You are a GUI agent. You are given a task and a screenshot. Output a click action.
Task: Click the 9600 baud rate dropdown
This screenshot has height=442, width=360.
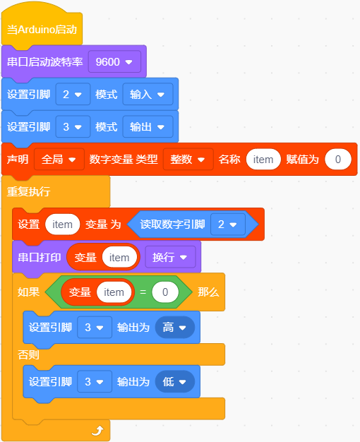click(114, 61)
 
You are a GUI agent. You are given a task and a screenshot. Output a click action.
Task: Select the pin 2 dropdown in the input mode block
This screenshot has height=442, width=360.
click(73, 95)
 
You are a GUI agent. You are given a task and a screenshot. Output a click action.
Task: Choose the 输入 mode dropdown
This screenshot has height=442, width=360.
click(148, 95)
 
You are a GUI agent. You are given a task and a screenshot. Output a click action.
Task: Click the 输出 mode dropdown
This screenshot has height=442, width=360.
click(148, 127)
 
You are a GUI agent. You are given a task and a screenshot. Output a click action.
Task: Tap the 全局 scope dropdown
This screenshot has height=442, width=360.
click(59, 160)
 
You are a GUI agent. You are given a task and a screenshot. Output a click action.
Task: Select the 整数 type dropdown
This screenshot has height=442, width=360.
click(188, 160)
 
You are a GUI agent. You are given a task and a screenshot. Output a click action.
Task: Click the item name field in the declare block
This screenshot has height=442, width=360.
click(263, 160)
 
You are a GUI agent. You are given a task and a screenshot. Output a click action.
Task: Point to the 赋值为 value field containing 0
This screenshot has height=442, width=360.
click(338, 160)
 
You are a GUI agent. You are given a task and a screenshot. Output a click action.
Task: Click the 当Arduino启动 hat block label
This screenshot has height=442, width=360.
click(42, 30)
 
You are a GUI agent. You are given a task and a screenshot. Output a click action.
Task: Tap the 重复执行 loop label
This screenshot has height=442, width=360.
click(28, 191)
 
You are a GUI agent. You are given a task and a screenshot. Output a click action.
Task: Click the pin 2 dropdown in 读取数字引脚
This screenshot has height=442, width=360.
click(228, 225)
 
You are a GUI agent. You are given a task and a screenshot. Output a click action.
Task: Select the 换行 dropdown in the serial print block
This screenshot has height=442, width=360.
click(170, 257)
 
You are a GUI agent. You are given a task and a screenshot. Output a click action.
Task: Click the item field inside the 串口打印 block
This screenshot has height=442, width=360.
click(119, 258)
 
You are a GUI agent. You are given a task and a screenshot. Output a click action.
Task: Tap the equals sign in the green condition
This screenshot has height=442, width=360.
click(143, 292)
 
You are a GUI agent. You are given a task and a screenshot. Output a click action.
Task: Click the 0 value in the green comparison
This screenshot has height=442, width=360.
click(165, 292)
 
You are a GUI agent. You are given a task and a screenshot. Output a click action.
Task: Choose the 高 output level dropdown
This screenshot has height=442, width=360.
click(175, 328)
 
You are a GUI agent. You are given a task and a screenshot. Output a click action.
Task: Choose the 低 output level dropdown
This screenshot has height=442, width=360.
click(175, 382)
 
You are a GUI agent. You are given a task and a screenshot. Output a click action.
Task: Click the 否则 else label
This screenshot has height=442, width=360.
click(28, 354)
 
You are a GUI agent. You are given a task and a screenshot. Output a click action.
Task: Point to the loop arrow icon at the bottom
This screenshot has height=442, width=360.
click(97, 431)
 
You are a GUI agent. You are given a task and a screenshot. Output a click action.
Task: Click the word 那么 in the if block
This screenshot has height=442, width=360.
click(208, 292)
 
